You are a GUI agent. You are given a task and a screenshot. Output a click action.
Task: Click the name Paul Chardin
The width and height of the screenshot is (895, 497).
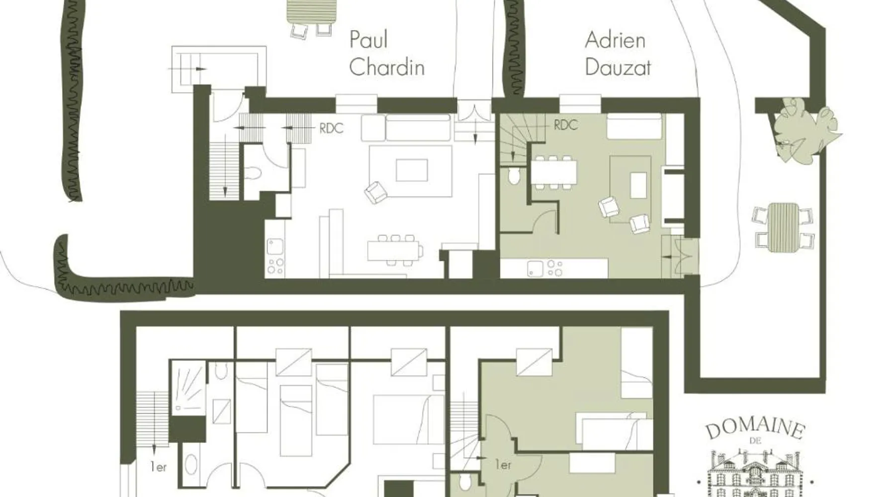coord(387,53)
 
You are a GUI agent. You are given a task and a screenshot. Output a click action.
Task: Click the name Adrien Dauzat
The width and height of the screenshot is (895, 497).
coord(617,53)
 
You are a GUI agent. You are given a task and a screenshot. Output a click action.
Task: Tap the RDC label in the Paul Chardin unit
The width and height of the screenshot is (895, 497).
coord(331,128)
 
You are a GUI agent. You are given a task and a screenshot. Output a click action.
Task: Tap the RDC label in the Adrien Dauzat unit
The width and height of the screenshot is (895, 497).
coord(566,125)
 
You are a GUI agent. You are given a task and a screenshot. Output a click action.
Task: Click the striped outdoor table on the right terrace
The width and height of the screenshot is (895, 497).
coord(783,227)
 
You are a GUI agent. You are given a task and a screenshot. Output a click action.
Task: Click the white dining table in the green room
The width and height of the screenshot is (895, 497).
coord(553,172)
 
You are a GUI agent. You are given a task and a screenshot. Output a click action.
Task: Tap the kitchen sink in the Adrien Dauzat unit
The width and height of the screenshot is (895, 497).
coord(535,268)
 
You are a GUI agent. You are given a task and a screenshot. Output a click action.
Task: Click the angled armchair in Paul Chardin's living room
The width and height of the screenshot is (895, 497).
coord(375,192)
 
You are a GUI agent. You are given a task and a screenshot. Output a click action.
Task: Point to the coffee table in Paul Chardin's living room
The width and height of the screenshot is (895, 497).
coord(412,170)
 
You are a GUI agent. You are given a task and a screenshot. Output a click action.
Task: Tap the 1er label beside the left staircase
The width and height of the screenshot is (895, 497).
coord(159,467)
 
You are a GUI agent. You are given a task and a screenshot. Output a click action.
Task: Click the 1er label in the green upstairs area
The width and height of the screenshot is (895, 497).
coord(503,465)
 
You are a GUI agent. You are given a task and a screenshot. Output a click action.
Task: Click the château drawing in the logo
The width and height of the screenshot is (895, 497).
coord(755,472)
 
